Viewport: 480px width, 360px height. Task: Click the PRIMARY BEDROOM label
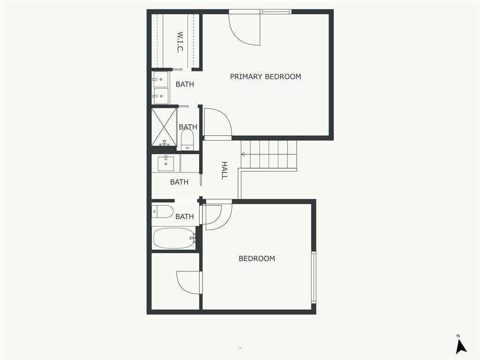(x=265, y=76)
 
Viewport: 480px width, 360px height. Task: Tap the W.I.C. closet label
(x=180, y=42)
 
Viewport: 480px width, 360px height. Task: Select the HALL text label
(x=225, y=171)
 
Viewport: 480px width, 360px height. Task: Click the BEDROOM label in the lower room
(x=257, y=258)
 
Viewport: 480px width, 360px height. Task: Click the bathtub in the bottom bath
(x=174, y=238)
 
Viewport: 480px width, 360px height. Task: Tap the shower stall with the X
(x=165, y=127)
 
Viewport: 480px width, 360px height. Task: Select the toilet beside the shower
(x=187, y=140)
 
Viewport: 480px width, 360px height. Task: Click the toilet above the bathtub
(x=163, y=211)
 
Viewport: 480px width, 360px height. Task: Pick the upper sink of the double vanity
(x=160, y=80)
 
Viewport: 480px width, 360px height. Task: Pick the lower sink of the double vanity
(x=160, y=96)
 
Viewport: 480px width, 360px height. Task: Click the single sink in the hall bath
(x=165, y=164)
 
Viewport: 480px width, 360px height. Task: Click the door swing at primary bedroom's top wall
(x=245, y=30)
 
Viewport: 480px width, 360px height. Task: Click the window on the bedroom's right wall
(x=314, y=277)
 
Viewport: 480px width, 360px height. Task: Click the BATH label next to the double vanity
(x=185, y=84)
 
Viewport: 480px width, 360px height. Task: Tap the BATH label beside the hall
(x=179, y=182)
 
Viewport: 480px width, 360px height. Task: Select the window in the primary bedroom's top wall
(x=276, y=12)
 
